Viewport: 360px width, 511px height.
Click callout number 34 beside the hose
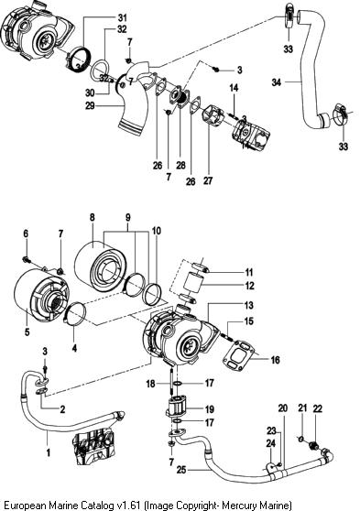tap(277, 82)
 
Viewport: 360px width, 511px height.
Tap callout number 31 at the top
tap(122, 17)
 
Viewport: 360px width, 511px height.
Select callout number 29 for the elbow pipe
tap(90, 105)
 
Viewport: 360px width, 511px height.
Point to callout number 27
tap(208, 180)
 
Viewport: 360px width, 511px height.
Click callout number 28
tap(181, 165)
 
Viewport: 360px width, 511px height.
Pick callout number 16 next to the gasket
tap(275, 360)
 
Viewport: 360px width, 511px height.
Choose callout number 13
tap(248, 305)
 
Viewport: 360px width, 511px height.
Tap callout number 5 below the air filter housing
tap(27, 332)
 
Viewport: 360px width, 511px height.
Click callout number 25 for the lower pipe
tap(181, 470)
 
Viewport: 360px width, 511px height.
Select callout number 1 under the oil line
tap(49, 452)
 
